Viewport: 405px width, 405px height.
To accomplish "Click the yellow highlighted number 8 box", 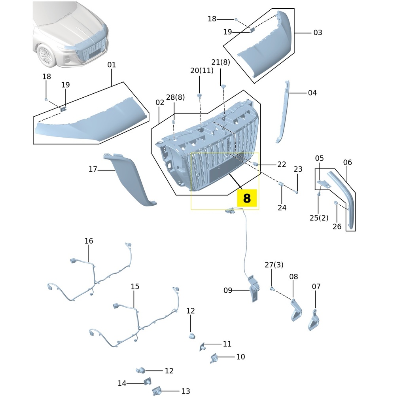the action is point(247,198).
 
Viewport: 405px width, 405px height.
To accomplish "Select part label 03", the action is point(318,33).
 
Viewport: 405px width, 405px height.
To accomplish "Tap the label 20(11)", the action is point(202,70).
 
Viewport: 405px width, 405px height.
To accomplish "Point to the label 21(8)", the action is point(221,62).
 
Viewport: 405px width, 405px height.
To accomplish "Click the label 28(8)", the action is point(175,97).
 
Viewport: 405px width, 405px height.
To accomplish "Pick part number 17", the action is point(93,169).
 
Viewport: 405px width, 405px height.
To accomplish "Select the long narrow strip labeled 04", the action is point(283,111).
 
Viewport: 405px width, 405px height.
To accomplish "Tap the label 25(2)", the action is point(319,218).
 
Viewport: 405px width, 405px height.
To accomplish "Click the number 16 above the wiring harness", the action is point(89,241).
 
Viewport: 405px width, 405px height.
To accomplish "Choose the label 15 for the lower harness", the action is point(135,286).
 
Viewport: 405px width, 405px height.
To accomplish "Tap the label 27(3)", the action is point(274,265).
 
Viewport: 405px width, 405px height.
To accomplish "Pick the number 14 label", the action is point(122,383).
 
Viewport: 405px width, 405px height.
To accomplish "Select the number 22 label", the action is point(282,164).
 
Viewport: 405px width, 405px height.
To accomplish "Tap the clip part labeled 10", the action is point(214,358).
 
